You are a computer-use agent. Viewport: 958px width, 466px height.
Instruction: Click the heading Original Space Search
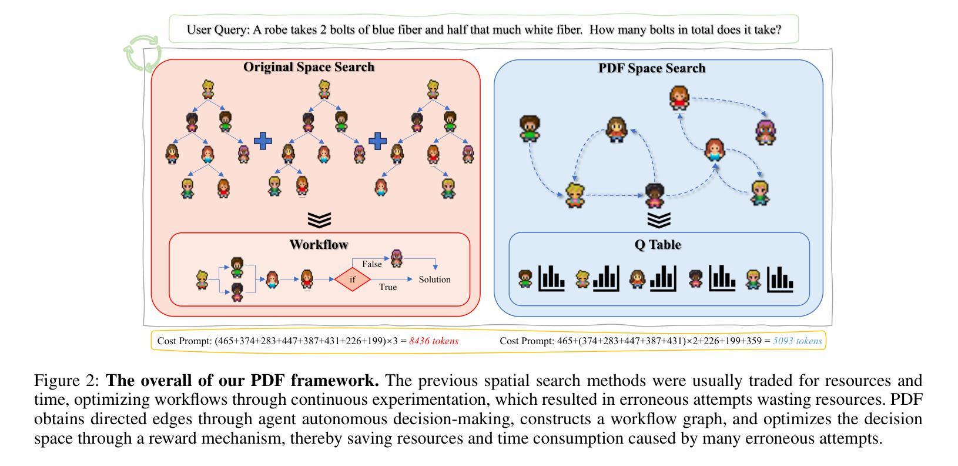point(309,67)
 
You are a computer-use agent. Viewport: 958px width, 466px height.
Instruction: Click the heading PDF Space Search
point(652,68)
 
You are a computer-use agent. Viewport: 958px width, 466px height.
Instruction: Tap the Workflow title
point(319,245)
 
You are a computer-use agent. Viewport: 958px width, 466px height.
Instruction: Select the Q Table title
point(658,245)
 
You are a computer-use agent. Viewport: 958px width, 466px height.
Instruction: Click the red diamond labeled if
point(353,279)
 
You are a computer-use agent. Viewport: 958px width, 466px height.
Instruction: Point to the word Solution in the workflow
point(434,279)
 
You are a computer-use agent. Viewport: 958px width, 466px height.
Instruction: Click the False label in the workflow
point(371,264)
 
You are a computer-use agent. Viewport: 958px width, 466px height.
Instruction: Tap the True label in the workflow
point(387,287)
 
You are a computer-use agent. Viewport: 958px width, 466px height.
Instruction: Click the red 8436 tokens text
point(434,341)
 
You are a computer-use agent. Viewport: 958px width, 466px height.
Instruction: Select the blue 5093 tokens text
point(798,341)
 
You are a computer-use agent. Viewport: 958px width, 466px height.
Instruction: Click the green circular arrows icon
point(143,53)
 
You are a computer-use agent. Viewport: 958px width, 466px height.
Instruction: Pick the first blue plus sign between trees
point(263,141)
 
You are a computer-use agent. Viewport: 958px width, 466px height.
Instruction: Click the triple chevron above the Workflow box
point(319,220)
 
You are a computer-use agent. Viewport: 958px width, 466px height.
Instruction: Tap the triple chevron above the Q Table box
point(658,220)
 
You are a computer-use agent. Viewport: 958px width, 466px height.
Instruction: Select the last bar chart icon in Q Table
point(780,278)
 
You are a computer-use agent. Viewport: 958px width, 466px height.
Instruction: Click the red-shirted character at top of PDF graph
point(679,98)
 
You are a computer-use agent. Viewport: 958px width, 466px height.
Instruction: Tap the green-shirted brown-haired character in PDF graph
point(530,128)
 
